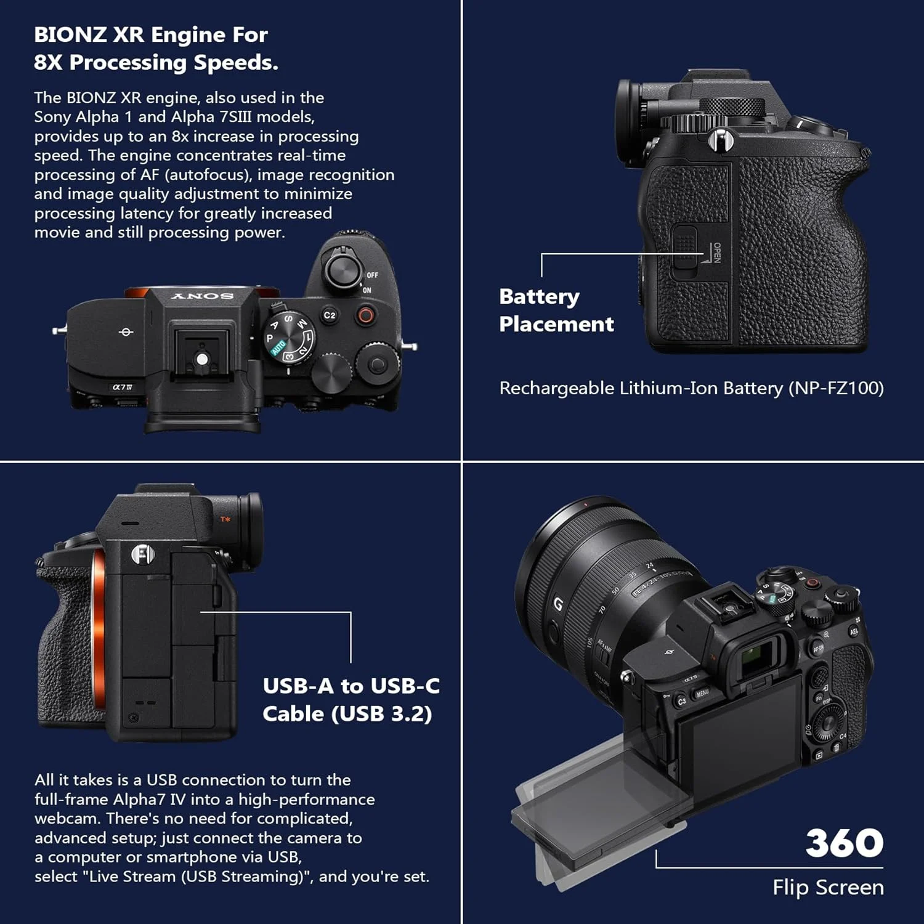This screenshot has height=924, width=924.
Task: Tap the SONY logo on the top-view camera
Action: click(x=203, y=296)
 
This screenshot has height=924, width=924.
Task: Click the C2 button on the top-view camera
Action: click(x=330, y=315)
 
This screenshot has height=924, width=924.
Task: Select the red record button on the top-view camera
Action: click(x=365, y=316)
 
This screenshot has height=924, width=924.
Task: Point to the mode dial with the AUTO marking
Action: click(x=289, y=337)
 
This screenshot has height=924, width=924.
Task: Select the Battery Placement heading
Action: click(x=556, y=310)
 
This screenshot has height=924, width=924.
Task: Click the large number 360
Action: click(x=845, y=843)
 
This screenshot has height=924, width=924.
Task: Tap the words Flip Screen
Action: click(x=828, y=887)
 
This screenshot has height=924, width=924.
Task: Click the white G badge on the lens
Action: click(x=558, y=604)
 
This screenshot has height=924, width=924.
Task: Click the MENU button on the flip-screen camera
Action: click(x=702, y=693)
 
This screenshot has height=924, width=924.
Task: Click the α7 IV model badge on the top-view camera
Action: click(x=122, y=387)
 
